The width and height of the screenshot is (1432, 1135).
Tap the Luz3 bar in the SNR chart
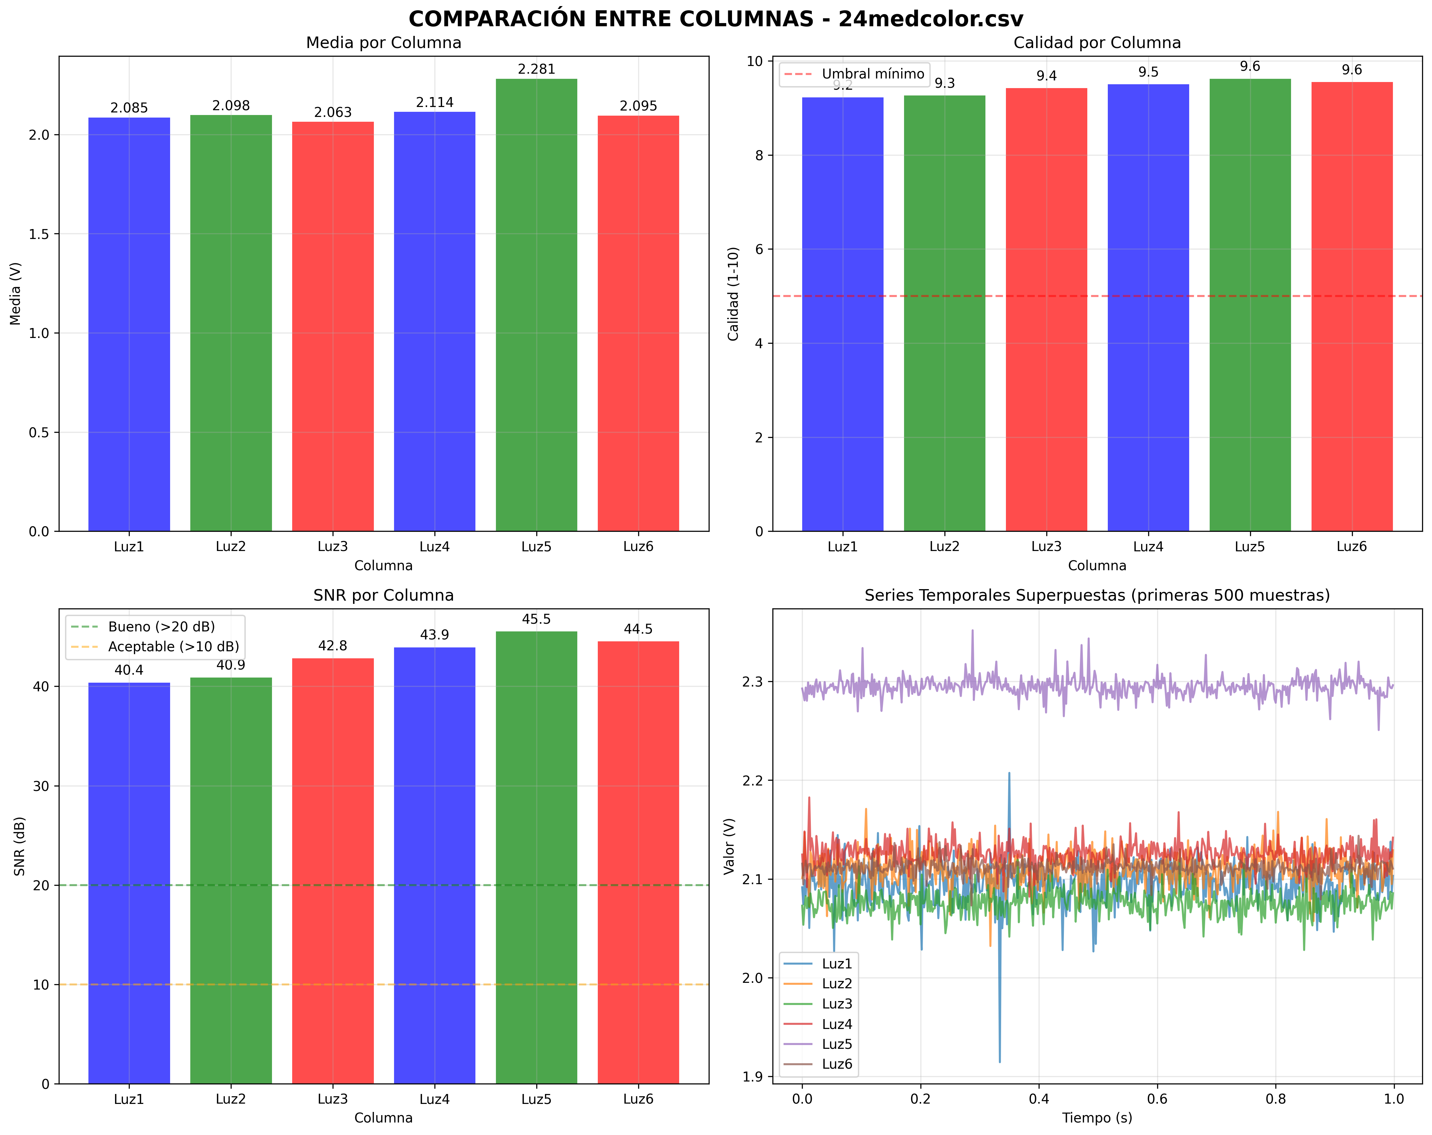(x=333, y=870)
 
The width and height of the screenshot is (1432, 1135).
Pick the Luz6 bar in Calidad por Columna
(x=1352, y=306)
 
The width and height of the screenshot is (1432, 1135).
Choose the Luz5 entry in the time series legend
(x=836, y=1044)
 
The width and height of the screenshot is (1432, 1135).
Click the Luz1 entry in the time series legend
(x=836, y=964)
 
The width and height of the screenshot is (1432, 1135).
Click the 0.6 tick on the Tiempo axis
(x=1157, y=1099)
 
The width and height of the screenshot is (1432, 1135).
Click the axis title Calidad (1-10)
(x=733, y=293)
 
